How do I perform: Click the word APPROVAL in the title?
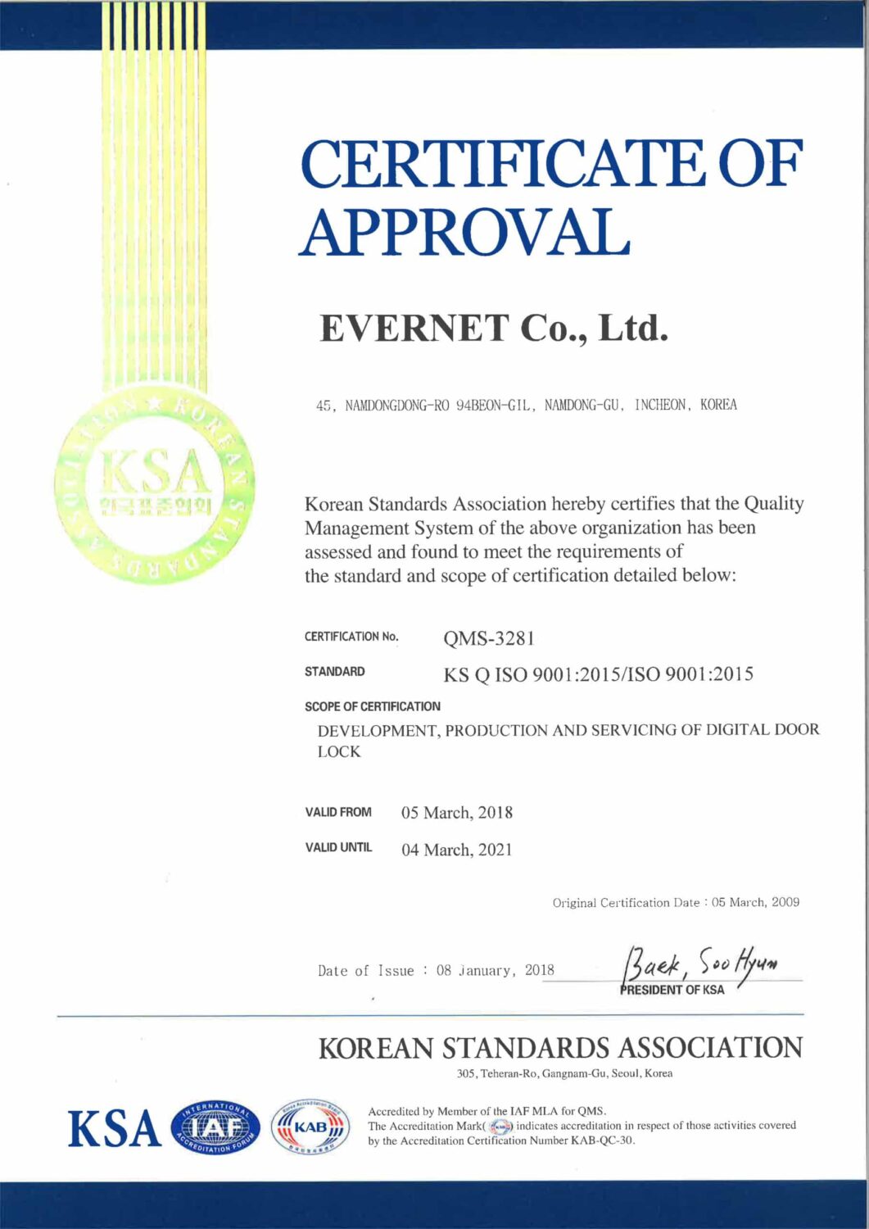464,231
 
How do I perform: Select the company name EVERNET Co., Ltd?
494,329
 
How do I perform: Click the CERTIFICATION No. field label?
351,637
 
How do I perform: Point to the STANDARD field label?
334,672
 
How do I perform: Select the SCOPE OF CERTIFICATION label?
372,706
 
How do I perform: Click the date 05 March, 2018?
456,813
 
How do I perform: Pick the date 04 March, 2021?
456,850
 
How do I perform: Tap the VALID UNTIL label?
338,847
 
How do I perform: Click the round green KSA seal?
154,483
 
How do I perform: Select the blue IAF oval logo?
215,1129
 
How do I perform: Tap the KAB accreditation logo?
310,1127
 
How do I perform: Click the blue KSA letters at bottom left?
115,1129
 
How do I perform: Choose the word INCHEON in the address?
660,405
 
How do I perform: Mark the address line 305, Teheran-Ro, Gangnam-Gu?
564,1073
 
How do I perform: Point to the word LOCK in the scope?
338,751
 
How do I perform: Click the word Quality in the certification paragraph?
773,503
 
